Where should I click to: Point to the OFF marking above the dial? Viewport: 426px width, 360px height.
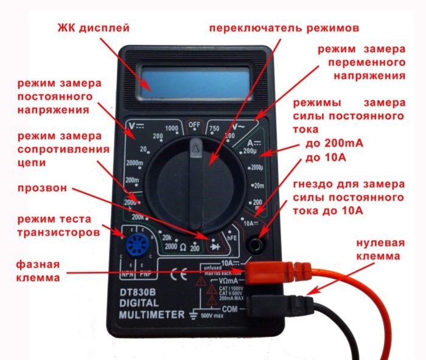click(194, 125)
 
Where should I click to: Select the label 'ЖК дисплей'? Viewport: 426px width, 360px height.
click(94, 29)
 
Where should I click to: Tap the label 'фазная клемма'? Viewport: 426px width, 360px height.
click(41, 271)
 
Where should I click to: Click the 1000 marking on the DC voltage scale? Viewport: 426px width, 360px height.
click(171, 128)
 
